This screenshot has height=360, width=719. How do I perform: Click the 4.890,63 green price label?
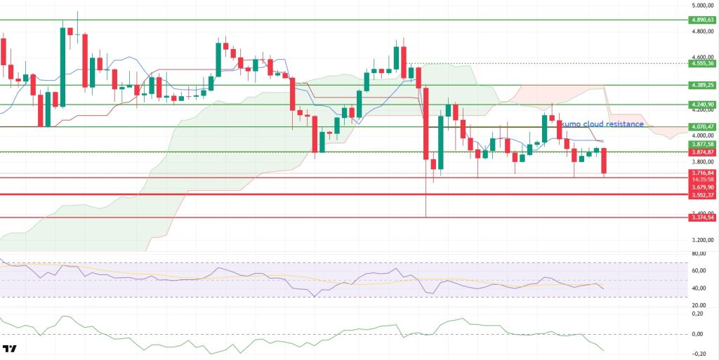point(702,20)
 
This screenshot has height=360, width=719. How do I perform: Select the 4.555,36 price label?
point(702,63)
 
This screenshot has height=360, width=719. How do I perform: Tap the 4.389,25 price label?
point(702,85)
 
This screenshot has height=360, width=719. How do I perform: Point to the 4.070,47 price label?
point(702,126)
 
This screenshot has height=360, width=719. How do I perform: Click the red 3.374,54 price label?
point(702,218)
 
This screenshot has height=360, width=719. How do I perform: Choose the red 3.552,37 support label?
point(702,194)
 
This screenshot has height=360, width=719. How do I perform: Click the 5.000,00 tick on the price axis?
point(702,6)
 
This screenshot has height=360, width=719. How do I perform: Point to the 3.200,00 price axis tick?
point(702,239)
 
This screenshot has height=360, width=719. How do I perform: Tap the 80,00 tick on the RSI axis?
point(698,253)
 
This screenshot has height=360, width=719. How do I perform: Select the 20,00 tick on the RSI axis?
point(698,305)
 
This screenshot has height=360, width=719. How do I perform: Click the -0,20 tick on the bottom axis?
point(698,354)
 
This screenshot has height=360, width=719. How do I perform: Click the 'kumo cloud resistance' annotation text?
point(602,124)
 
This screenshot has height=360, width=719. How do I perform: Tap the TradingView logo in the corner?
point(11,349)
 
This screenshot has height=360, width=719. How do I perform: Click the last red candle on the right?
point(604,161)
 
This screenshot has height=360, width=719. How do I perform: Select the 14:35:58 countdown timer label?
point(702,179)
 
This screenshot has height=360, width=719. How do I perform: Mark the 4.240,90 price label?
point(702,105)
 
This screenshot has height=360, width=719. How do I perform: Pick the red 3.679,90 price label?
point(702,187)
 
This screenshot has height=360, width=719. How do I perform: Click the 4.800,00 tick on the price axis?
point(702,32)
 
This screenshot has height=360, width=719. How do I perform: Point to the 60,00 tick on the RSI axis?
point(698,270)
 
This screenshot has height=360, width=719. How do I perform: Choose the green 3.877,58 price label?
point(702,144)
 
